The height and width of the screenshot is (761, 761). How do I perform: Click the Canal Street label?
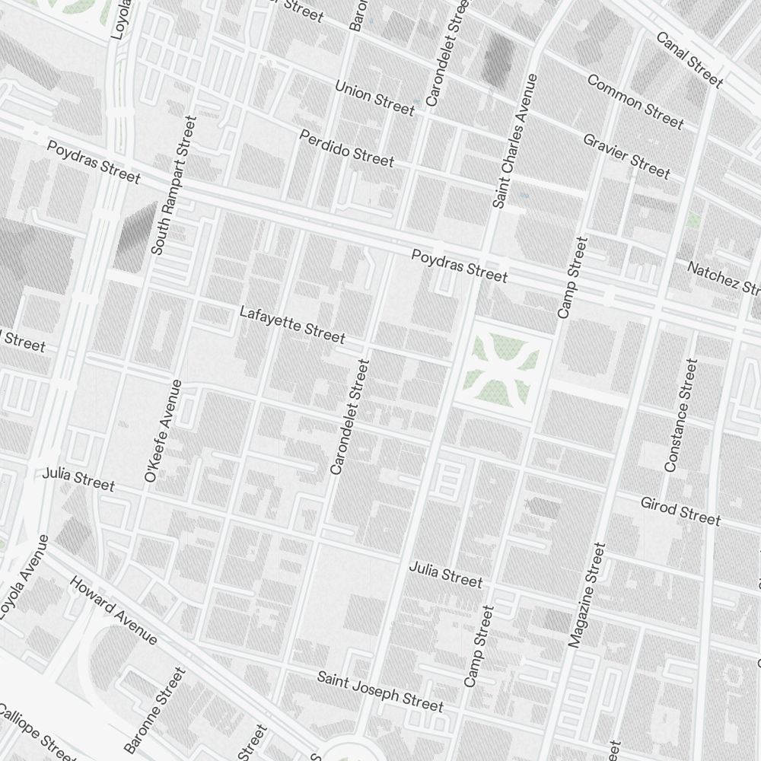coord(689,59)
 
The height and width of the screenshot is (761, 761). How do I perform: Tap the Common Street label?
coord(635,101)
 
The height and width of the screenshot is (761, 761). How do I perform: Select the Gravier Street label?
coord(626,156)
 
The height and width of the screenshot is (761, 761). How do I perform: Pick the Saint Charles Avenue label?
coord(515,141)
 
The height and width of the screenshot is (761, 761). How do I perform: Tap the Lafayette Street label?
coord(291,324)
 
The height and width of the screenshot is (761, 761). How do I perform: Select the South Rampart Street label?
coord(174,185)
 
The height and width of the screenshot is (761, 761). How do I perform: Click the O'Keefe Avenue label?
coord(162,431)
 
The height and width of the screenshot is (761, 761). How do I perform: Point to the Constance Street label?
coord(680,416)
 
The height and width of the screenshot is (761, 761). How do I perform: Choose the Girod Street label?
coord(680,511)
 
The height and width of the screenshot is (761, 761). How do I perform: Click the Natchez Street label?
coord(723,278)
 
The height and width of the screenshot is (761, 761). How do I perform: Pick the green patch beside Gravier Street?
coord(693,221)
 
